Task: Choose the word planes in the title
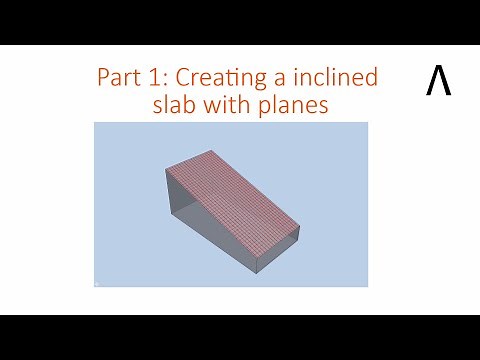coord(299,105)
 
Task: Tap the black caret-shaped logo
coord(438,82)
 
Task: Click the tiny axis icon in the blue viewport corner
coord(97,283)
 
